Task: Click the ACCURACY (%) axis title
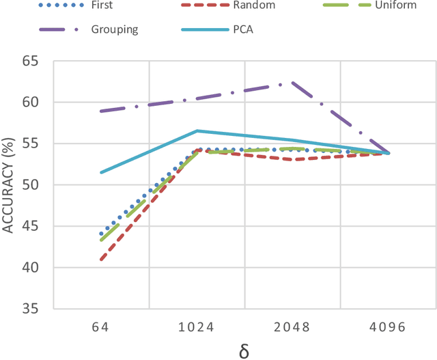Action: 9,184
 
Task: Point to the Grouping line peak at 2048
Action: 292,83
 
